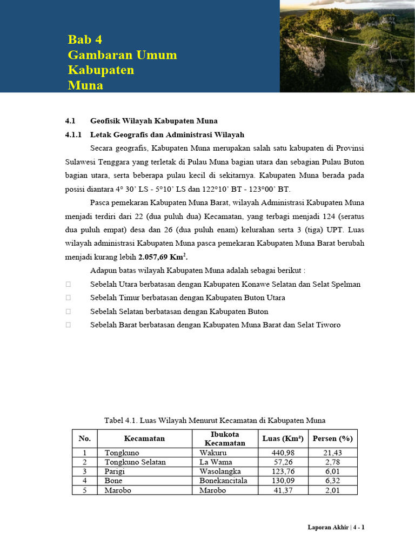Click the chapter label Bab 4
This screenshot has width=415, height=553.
[x=85, y=39]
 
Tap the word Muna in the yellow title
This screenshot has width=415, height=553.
[x=85, y=85]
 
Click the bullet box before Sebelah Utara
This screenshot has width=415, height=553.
[x=68, y=284]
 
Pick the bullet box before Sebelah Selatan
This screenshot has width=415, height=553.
[x=68, y=312]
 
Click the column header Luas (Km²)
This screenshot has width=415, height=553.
[x=283, y=439]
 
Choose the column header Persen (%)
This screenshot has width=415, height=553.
[x=333, y=439]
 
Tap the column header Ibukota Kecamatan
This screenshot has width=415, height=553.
[x=225, y=439]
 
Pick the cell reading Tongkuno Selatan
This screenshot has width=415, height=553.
[x=135, y=462]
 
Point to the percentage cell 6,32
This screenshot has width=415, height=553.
[x=333, y=481]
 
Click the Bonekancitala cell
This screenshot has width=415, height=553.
[x=223, y=481]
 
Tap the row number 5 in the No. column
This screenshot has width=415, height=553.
[x=84, y=490]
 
